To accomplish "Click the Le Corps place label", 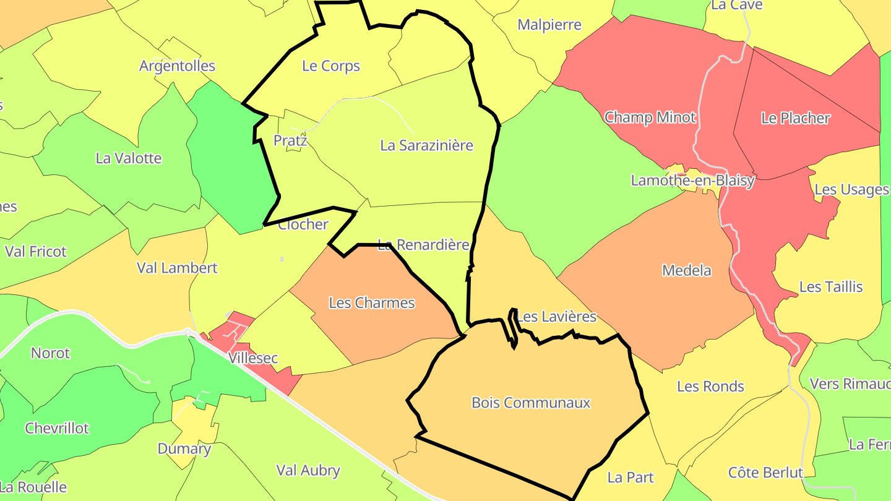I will (331, 66).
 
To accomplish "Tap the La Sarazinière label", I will (426, 146).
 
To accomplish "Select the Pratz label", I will (290, 141).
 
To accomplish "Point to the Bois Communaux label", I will (531, 403).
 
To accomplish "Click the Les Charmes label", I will (371, 303).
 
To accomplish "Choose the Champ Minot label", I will (650, 118).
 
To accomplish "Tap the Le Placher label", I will (795, 118).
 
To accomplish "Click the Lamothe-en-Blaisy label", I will (692, 181).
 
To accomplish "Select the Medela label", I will (686, 271).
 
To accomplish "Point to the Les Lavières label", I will (556, 317).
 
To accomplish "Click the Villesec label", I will (253, 358).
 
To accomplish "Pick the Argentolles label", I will (177, 66).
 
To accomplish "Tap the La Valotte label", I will (129, 158).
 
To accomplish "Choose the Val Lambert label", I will (177, 268).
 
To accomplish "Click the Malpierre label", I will (549, 25).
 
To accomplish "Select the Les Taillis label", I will (831, 287).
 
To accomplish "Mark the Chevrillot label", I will (57, 429).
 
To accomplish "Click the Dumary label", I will (184, 449).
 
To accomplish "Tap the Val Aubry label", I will (308, 471).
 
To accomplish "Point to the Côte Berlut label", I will (765, 473).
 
